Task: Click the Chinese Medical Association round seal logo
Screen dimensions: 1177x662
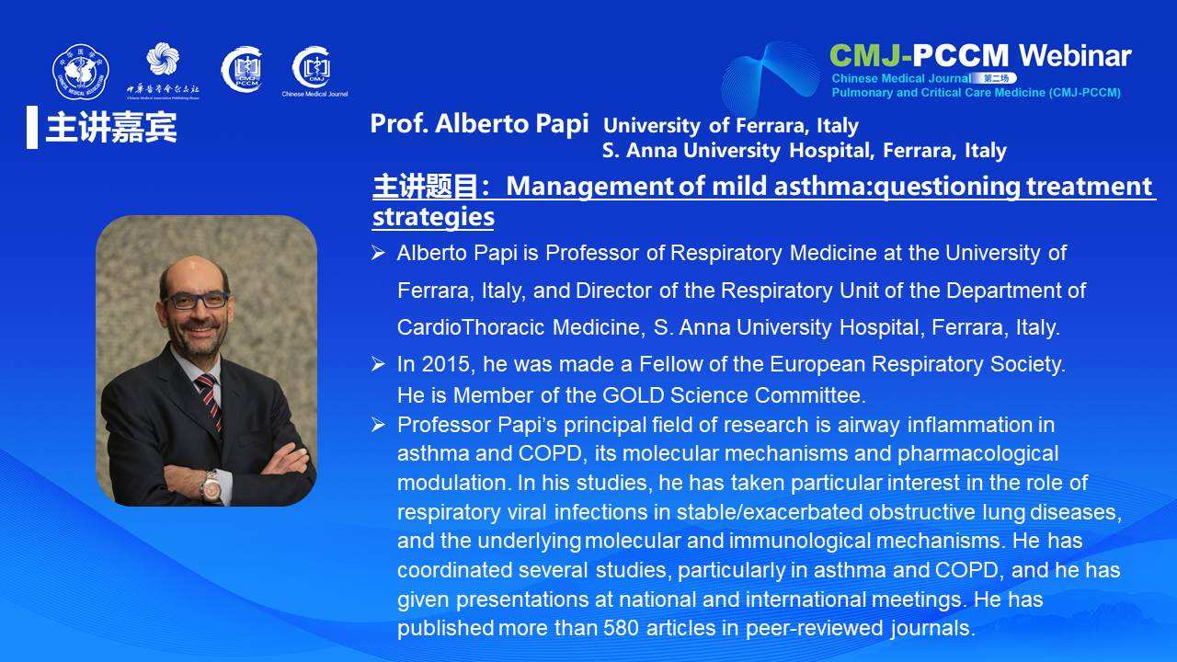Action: coord(80,72)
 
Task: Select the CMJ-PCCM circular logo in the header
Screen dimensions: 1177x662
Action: coord(242,69)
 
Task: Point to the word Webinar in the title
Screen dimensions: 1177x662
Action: coord(1075,56)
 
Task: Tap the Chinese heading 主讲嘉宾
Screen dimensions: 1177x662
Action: coord(111,128)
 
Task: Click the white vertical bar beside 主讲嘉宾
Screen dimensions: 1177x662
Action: coord(32,127)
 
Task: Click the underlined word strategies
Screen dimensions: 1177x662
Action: coord(433,217)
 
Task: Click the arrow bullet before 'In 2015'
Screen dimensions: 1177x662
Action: coord(378,363)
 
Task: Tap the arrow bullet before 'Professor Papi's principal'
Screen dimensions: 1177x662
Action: coord(378,425)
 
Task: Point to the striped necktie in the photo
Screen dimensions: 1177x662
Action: coord(210,400)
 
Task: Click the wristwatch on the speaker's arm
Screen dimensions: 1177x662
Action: coord(211,486)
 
